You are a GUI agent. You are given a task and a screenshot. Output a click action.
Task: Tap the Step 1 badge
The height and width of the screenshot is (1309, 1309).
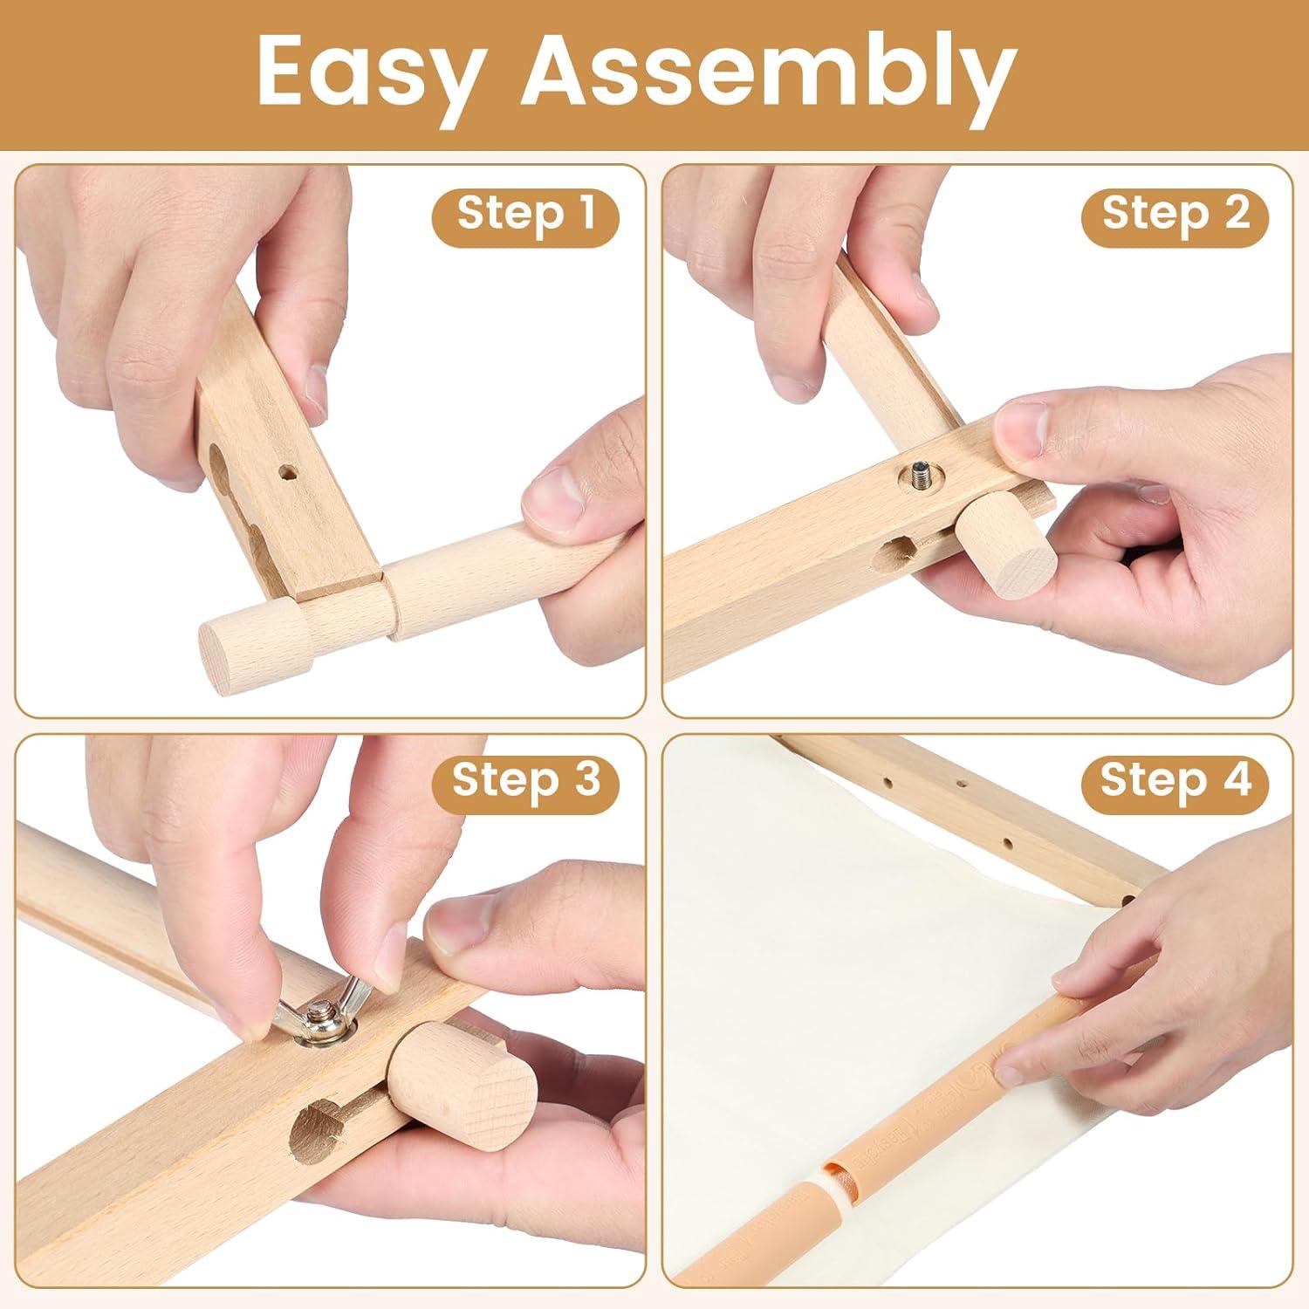pos(525,213)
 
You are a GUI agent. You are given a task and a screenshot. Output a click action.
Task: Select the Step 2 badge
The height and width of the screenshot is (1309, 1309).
pos(1175,213)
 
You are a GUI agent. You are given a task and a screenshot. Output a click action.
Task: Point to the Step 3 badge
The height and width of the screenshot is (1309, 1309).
pos(526,779)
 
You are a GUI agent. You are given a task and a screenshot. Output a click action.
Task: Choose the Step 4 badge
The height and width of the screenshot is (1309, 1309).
pos(1175,779)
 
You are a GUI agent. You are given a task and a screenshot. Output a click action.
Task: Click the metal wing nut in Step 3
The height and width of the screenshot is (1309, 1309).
pos(319,1012)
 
